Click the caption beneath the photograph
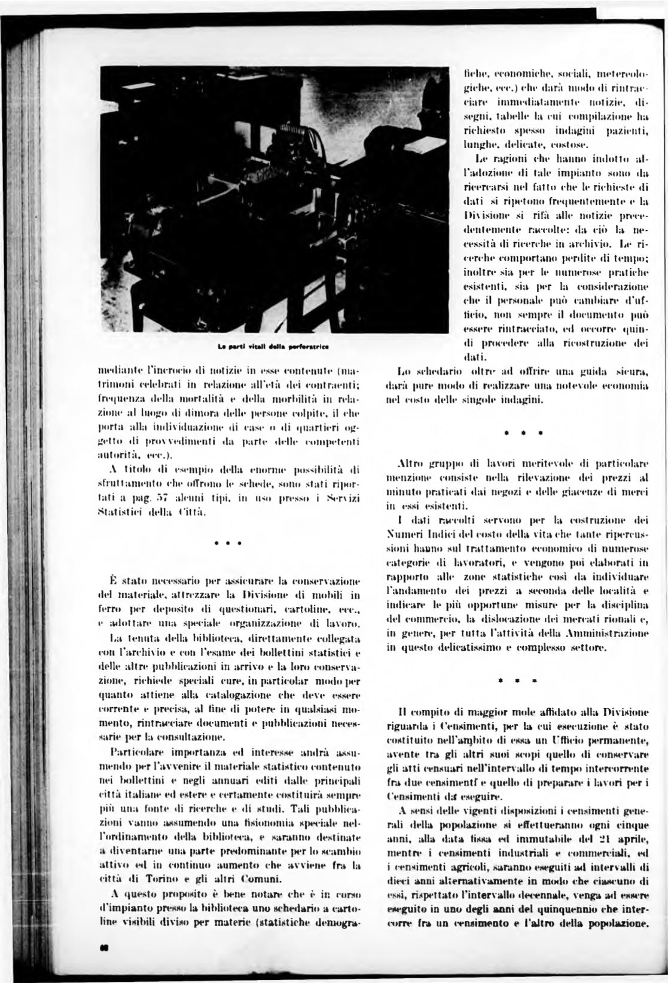pyautogui.click(x=274, y=346)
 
